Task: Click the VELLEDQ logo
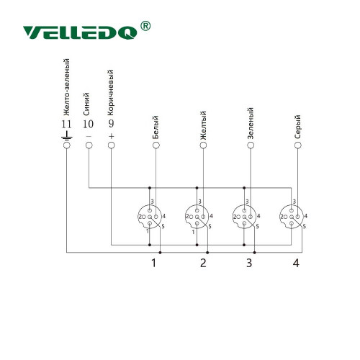tap(81, 32)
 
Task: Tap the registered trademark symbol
tap(145, 26)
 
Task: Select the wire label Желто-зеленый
tap(66, 87)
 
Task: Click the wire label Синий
tap(86, 104)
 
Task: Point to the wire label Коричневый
tap(110, 93)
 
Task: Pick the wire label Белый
tap(156, 127)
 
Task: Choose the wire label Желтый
tap(203, 125)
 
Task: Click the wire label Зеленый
tap(250, 123)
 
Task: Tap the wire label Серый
tap(297, 127)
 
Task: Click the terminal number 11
tap(66, 125)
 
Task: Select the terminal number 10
tap(88, 124)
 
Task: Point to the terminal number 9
tap(111, 124)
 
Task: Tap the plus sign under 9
tap(112, 136)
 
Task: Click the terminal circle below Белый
tap(156, 145)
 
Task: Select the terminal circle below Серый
tap(298, 145)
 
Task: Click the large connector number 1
tap(154, 263)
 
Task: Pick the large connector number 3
tap(249, 263)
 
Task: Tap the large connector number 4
tap(296, 263)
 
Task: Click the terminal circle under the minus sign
tap(89, 145)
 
